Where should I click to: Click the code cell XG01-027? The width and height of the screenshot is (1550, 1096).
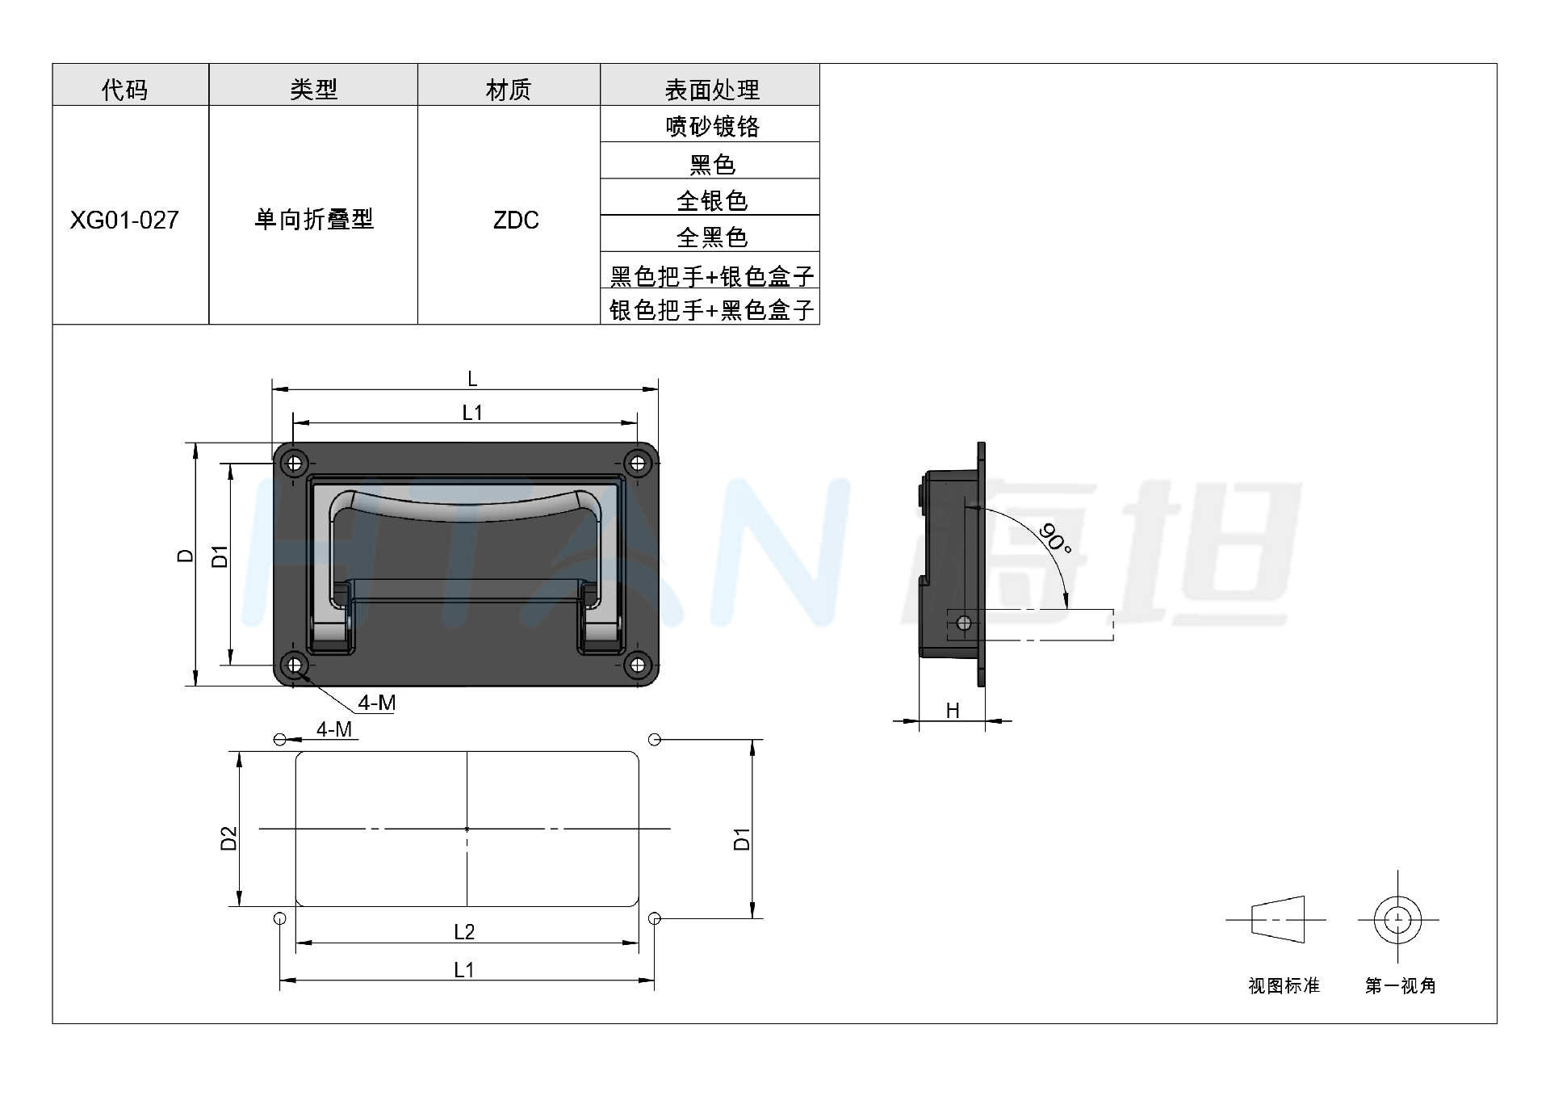124,220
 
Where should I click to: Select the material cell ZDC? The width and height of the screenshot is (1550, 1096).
516,220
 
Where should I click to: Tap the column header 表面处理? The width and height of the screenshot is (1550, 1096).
711,90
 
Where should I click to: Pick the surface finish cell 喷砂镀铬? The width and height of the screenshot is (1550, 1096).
711,126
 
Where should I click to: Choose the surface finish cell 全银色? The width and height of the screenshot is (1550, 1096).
711,199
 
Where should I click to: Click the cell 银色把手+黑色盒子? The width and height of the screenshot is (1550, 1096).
711,309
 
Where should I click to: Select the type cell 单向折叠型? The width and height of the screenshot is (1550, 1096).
314,219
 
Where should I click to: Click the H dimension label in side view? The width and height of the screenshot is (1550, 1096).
953,710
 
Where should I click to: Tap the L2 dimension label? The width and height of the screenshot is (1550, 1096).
464,932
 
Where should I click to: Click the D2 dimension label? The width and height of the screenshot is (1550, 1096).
229,838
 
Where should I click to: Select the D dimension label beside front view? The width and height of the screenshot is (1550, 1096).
186,556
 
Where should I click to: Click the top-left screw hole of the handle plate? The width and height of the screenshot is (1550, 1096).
295,464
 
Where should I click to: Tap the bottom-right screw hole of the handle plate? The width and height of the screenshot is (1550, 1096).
638,665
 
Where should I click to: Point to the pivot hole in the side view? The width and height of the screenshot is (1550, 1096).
963,624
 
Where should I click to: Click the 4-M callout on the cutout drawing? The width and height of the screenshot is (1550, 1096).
334,729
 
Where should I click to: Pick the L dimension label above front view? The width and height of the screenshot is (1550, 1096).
472,378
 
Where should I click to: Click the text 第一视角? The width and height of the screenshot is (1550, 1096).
1401,985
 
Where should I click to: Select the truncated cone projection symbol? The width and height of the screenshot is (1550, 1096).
1278,919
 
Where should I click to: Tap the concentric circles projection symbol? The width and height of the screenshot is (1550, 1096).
1397,919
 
